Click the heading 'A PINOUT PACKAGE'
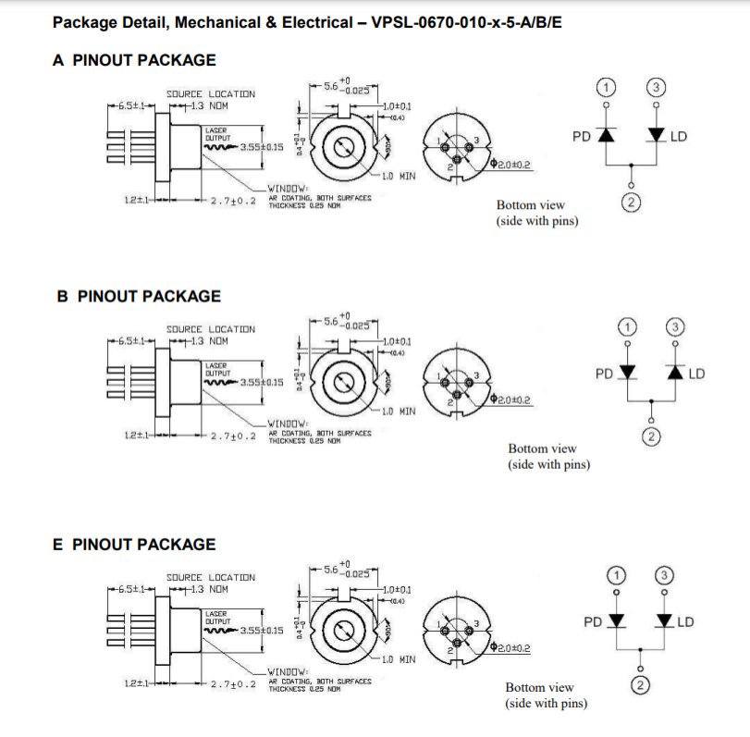135,61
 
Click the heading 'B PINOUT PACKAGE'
139,296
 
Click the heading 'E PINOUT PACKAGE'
135,545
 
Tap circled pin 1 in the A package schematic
607,87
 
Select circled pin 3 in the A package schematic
656,87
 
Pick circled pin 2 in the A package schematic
632,203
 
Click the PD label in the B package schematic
604,374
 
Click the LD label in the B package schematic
696,374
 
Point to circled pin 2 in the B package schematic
652,436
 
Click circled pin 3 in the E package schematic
663,575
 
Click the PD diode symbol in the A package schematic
607,135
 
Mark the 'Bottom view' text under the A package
530,205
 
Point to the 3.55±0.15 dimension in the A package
261,147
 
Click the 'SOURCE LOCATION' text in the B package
210,329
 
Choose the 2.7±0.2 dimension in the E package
232,683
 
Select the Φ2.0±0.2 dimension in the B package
513,400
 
